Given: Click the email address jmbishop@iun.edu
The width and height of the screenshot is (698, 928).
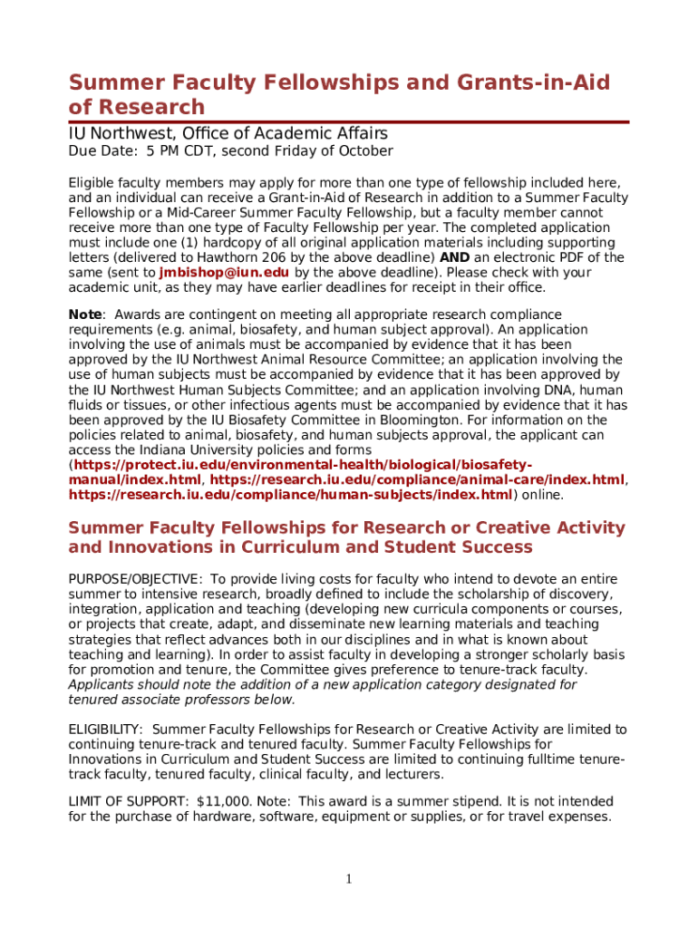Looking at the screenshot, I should (x=224, y=272).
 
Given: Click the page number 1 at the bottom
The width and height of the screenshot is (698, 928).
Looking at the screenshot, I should (x=349, y=878).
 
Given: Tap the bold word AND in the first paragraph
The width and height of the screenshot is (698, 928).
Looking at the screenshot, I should (x=453, y=257).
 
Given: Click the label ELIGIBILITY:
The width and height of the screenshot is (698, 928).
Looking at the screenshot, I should (x=106, y=730).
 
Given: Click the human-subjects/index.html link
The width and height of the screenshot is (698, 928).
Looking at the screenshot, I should (x=291, y=495).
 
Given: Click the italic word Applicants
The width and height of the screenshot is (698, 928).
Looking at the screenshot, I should (x=102, y=684).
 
